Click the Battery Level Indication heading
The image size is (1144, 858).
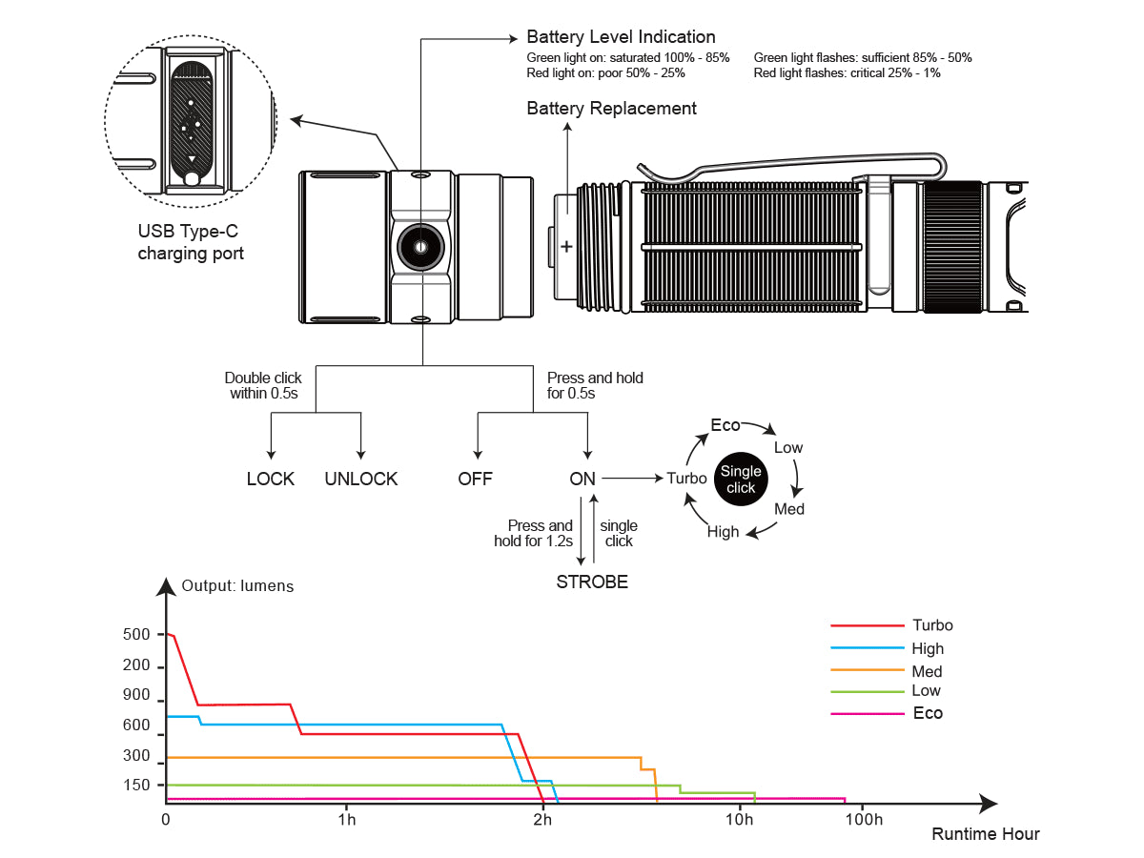point(621,37)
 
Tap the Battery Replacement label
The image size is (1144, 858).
point(611,109)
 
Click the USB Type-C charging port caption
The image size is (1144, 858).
point(191,242)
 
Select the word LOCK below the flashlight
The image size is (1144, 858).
point(271,479)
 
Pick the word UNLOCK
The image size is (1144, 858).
point(361,479)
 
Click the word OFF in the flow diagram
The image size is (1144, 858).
point(476,479)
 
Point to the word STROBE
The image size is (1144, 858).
point(592,582)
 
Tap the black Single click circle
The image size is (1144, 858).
point(741,480)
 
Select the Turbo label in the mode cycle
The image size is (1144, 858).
point(686,479)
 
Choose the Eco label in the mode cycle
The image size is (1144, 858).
point(725,425)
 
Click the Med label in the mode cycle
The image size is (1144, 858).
point(789,509)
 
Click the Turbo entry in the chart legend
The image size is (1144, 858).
point(932,625)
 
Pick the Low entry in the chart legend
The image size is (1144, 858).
point(926,690)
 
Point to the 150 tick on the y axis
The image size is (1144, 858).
point(137,785)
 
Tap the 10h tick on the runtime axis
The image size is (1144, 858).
point(739,820)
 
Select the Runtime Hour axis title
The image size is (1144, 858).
point(986,834)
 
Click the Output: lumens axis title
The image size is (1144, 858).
point(237,584)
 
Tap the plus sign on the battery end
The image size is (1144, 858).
point(566,247)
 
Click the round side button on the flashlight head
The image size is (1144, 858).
point(420,247)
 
